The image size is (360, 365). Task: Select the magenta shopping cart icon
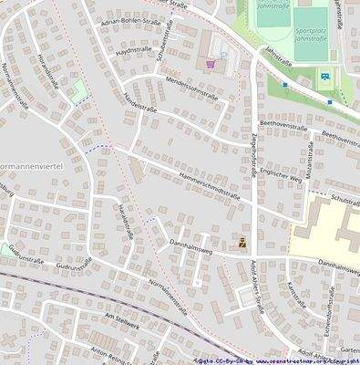tap(211, 64)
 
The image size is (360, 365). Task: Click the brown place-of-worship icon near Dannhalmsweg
tap(242, 244)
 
